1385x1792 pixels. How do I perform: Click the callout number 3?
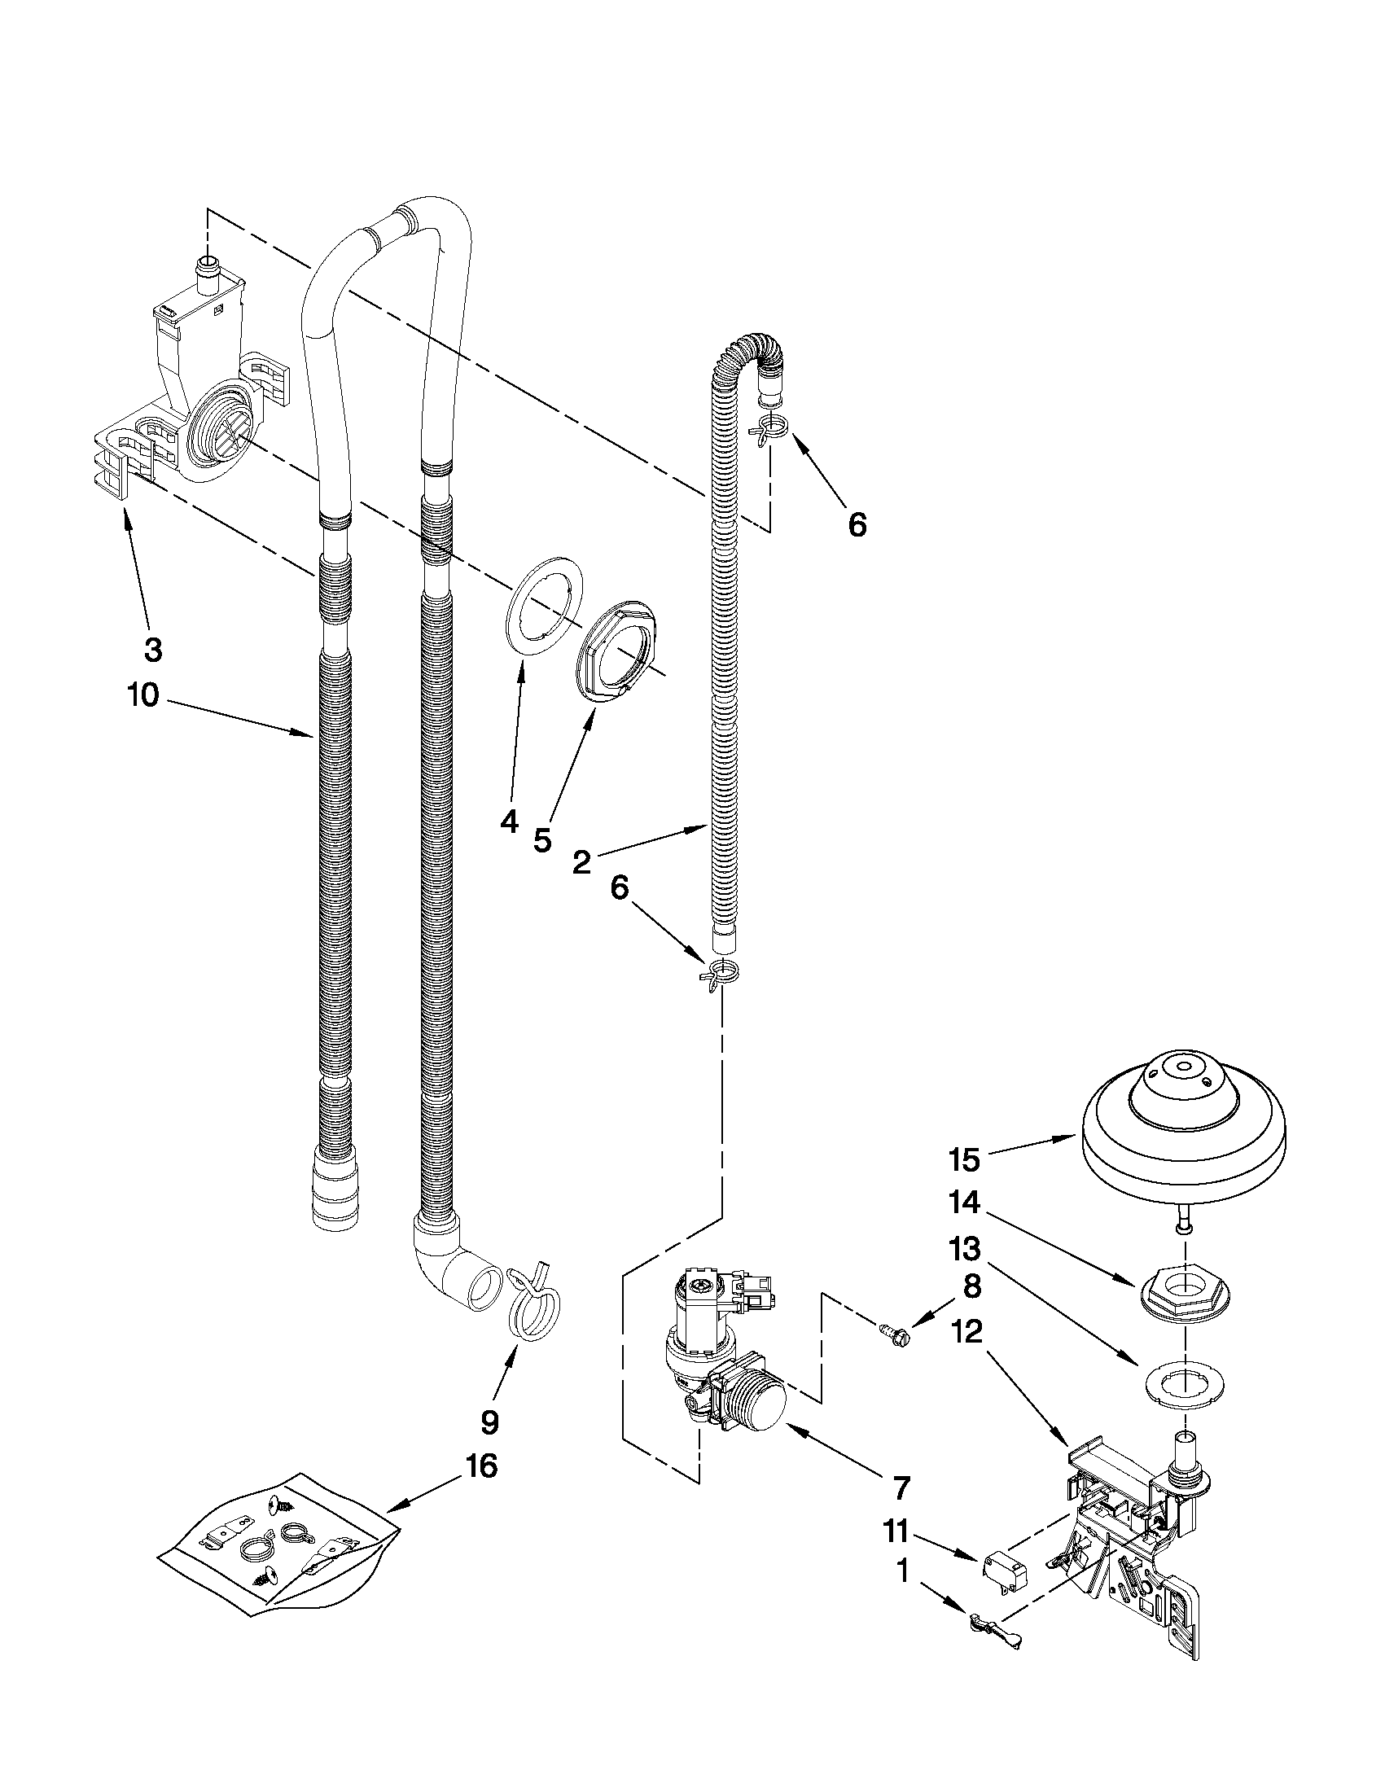[x=152, y=650]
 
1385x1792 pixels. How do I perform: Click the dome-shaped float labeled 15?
[x=1182, y=1132]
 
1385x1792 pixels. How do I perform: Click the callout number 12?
[x=968, y=1331]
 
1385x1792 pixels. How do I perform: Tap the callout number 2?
[x=581, y=863]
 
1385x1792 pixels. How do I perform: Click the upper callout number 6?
[x=857, y=524]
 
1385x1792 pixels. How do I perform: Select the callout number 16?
[x=482, y=1465]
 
